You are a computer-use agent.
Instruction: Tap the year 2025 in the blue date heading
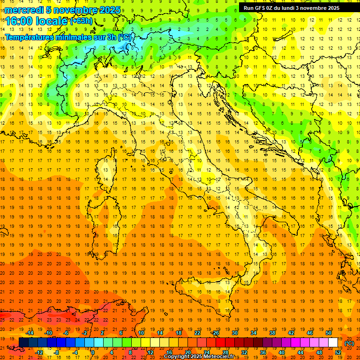tap(109, 10)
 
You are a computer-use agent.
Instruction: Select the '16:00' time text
tap(19, 21)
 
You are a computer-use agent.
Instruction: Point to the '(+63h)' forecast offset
tap(81, 21)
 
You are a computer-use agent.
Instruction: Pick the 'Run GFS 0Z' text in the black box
tap(259, 7)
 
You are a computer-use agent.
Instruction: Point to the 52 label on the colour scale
tap(338, 352)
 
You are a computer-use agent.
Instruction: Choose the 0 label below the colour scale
tap(93, 352)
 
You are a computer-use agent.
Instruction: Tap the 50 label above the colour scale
tap(329, 333)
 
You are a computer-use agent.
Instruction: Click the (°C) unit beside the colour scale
tap(349, 343)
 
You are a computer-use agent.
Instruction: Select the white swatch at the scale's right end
tap(333, 343)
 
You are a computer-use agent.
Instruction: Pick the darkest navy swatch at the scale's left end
tap(23, 343)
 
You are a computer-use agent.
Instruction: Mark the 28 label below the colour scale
tap(225, 352)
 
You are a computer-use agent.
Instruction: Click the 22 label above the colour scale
tap(197, 333)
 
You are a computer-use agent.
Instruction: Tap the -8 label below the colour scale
tap(56, 352)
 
